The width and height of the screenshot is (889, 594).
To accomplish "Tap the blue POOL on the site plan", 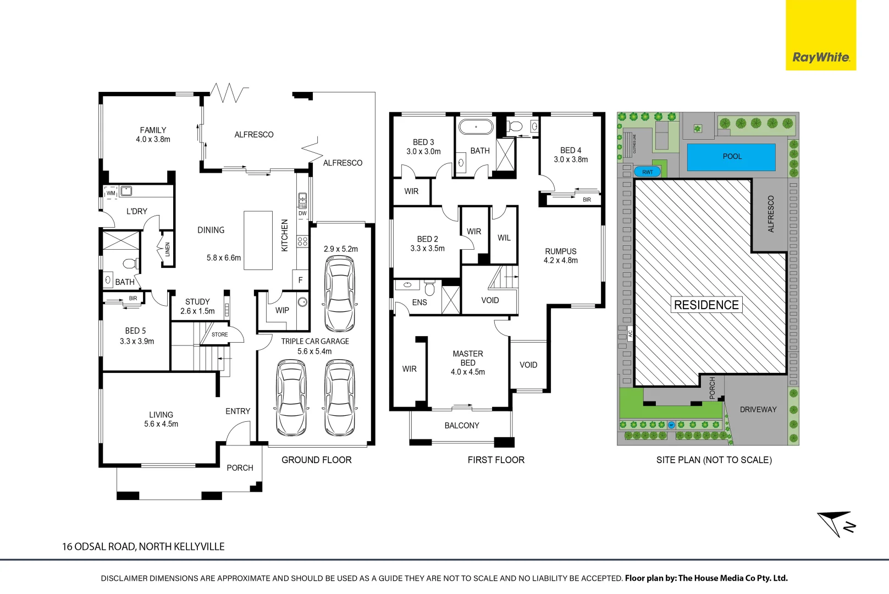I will pyautogui.click(x=731, y=157).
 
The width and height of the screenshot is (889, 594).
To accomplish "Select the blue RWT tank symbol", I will pyautogui.click(x=648, y=172).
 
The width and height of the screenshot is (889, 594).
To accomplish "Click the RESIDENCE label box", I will pyautogui.click(x=706, y=305).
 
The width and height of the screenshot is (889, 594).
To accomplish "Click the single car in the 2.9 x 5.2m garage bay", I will pyautogui.click(x=340, y=294).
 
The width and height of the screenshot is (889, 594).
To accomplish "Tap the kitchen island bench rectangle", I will pyautogui.click(x=258, y=240).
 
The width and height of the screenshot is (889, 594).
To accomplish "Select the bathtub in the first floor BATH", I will pyautogui.click(x=476, y=127).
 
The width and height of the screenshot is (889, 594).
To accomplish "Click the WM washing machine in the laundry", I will pyautogui.click(x=111, y=193).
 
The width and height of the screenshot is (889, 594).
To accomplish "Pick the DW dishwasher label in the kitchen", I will pyautogui.click(x=302, y=213).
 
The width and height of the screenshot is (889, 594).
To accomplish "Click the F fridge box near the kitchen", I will pyautogui.click(x=300, y=280).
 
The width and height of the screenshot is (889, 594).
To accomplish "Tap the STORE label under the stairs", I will pyautogui.click(x=219, y=334).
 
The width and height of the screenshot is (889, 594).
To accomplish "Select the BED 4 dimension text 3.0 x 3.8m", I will pyautogui.click(x=571, y=159).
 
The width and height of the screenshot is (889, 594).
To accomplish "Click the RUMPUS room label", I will pyautogui.click(x=560, y=251).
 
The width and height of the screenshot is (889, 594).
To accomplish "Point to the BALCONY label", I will pyautogui.click(x=462, y=425).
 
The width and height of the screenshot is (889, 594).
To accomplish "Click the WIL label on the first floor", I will pyautogui.click(x=504, y=238).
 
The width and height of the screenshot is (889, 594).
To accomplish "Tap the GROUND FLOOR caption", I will pyautogui.click(x=316, y=460).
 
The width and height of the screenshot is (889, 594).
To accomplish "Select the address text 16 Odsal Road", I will pyautogui.click(x=143, y=547).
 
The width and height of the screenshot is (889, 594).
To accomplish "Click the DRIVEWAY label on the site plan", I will pyautogui.click(x=758, y=409).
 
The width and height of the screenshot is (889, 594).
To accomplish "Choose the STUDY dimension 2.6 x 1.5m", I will pyautogui.click(x=197, y=311).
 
